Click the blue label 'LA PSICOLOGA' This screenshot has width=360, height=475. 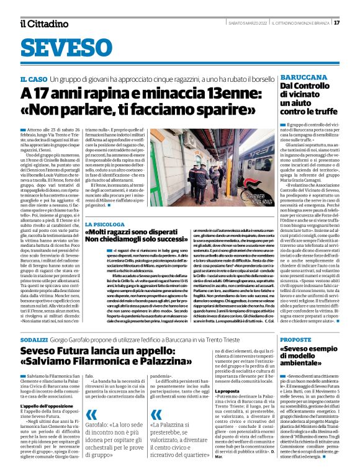(107, 206)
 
